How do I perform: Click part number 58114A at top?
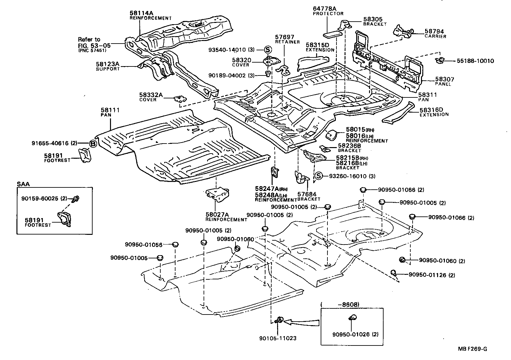point(141,13)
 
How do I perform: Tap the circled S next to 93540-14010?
point(268,50)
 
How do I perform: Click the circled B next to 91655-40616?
point(93,144)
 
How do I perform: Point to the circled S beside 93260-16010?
point(318,176)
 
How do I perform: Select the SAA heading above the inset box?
point(23,184)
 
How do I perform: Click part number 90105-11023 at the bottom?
point(277,338)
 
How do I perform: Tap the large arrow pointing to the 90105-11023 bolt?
point(302,322)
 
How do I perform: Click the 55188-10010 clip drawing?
point(440,60)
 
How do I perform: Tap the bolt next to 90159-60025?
point(76,199)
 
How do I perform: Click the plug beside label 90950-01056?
point(175,244)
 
